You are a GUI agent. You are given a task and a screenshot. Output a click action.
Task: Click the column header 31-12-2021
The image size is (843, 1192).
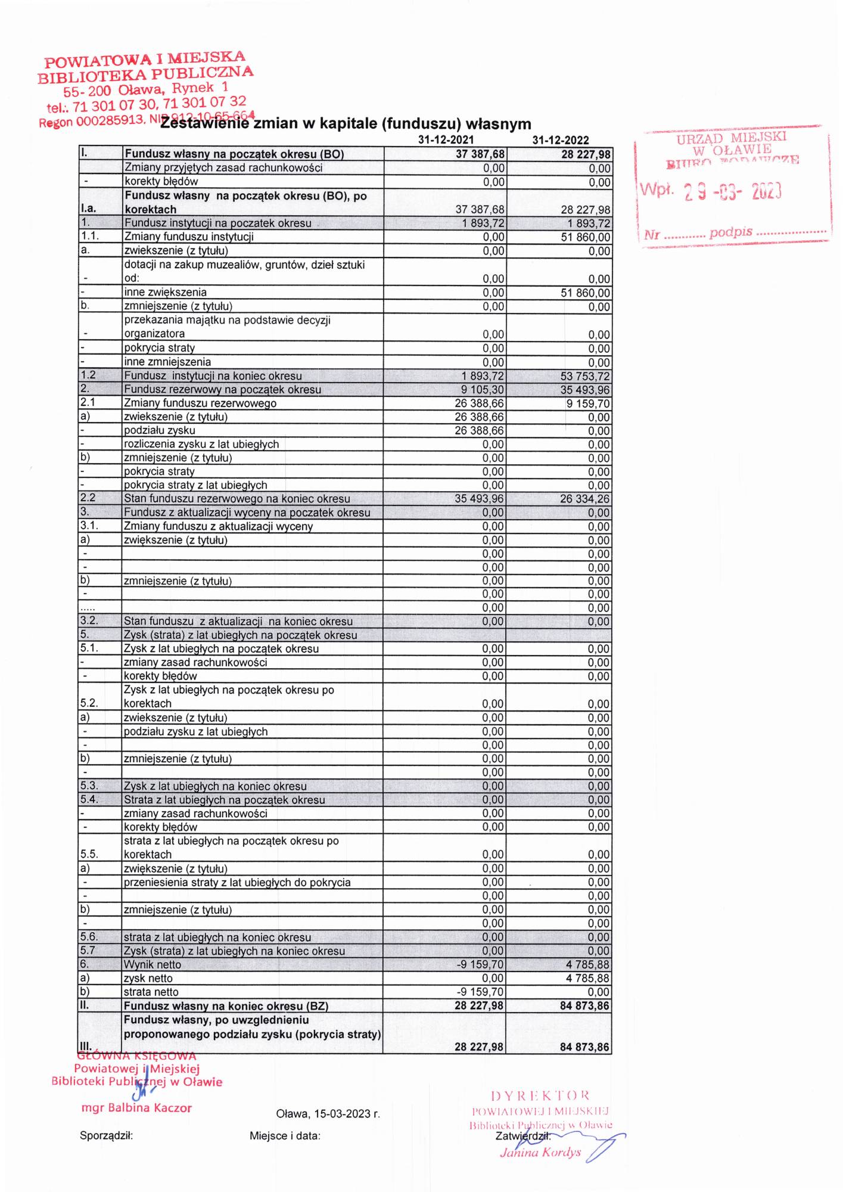coord(446,140)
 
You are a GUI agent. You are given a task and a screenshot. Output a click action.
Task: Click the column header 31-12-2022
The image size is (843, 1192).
coord(561,141)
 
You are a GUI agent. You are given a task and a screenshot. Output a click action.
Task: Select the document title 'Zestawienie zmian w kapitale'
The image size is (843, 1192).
coord(346,124)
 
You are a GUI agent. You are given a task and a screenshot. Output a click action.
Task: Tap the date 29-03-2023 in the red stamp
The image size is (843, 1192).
coord(732,191)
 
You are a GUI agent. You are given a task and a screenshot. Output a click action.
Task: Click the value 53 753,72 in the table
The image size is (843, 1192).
coord(584,377)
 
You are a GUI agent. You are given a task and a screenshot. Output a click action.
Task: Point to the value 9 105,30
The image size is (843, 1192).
coord(483,390)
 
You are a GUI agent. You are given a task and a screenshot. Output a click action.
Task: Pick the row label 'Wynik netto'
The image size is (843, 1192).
coord(153,965)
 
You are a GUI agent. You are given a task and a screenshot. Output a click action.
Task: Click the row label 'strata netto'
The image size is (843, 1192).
coord(151,992)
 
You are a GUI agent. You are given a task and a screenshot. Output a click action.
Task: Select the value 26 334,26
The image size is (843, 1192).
coord(584,499)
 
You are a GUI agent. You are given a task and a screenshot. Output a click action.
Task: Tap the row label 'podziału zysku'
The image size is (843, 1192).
coord(159,430)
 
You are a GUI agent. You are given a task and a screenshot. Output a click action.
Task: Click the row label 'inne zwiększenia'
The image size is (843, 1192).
coord(165,293)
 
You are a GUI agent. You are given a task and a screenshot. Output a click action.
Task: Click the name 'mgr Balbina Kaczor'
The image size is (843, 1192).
coord(136,1109)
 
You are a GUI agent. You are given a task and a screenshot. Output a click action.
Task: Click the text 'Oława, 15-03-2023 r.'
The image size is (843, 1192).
coord(328,1114)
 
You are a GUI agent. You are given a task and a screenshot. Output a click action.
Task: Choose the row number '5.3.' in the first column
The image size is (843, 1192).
coord(89,786)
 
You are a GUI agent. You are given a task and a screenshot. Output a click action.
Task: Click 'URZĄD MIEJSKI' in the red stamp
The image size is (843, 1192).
coord(731,138)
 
